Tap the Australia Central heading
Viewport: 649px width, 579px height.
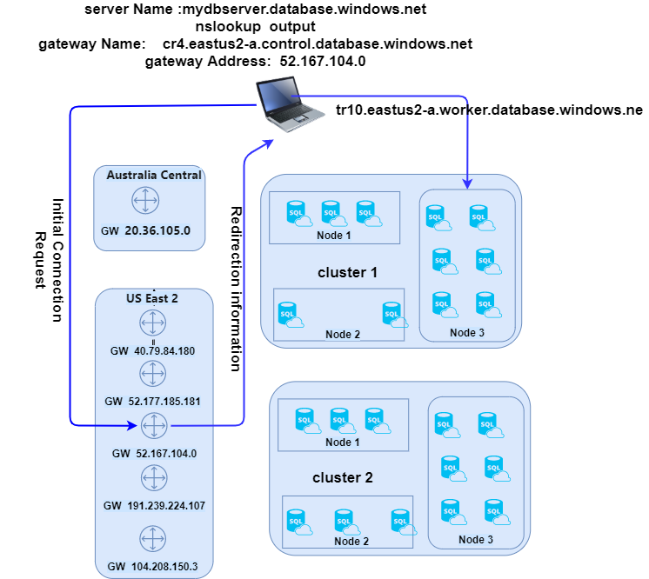pos(154,175)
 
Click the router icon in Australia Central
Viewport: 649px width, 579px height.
pos(145,202)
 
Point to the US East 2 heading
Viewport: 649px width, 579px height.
pos(152,298)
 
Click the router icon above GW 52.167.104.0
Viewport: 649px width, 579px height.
pos(154,426)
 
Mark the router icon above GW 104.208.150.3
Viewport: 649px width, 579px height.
pos(152,539)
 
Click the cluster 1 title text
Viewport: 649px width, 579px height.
pos(347,273)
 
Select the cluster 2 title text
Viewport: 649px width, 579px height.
pos(343,477)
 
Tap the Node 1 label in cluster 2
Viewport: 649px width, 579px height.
pos(343,443)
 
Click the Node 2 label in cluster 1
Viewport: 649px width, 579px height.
pos(343,335)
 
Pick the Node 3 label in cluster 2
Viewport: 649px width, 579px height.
pos(475,540)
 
